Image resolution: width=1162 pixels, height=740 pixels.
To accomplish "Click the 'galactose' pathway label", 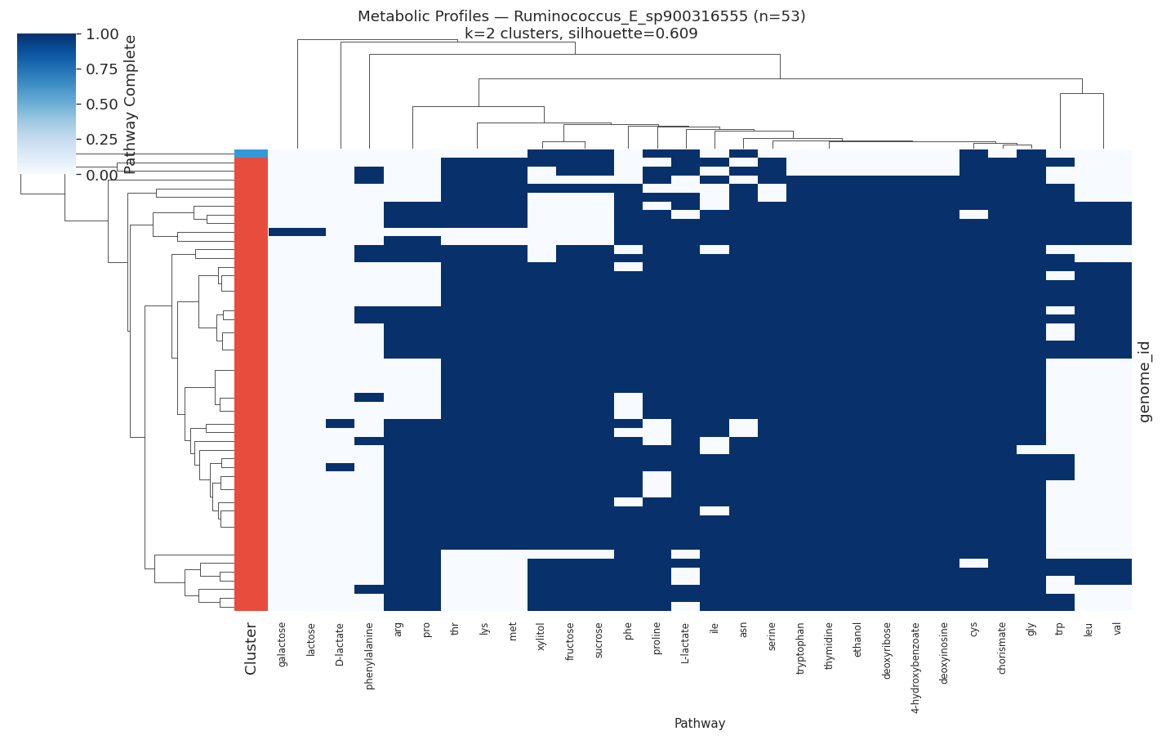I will click(283, 644).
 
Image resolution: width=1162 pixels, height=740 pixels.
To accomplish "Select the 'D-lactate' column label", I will click(340, 644).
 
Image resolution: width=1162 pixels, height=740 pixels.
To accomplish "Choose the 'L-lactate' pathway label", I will click(685, 643).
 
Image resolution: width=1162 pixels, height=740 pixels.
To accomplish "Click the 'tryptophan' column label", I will click(800, 648).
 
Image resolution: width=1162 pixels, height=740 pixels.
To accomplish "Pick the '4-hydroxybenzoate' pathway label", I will click(915, 667).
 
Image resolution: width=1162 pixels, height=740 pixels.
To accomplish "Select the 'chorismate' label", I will click(1002, 648).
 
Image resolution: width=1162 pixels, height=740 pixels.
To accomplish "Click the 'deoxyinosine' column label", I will click(944, 653).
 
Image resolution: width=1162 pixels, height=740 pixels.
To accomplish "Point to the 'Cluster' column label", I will click(251, 649).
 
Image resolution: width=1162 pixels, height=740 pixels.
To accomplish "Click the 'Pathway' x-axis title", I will click(699, 723).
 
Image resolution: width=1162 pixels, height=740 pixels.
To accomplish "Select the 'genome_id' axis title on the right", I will click(1145, 381).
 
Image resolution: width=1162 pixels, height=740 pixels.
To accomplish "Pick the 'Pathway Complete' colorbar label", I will click(130, 104).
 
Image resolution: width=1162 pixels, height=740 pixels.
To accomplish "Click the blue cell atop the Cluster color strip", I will click(251, 154).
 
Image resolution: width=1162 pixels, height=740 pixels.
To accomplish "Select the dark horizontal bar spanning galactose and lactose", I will click(297, 232).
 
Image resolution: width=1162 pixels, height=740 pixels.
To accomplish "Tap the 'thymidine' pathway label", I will click(829, 645).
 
